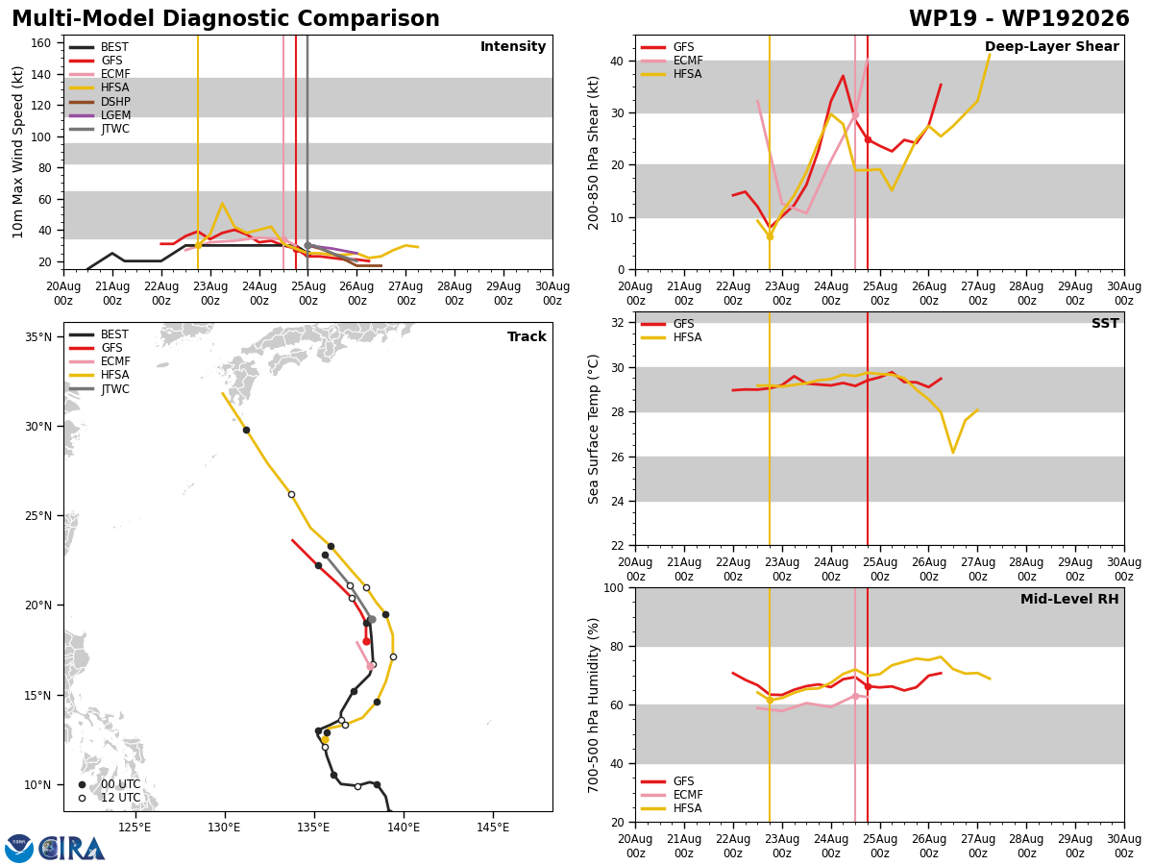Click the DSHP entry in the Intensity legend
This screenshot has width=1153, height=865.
pyautogui.click(x=99, y=101)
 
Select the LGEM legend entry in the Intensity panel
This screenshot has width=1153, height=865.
pyautogui.click(x=99, y=115)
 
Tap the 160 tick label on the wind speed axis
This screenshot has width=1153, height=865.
pyautogui.click(x=41, y=43)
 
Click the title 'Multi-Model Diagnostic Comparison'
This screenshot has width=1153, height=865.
pyautogui.click(x=226, y=19)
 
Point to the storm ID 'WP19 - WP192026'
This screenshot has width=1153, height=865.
pyautogui.click(x=1019, y=19)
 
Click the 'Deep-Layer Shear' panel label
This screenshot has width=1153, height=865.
pyautogui.click(x=1051, y=46)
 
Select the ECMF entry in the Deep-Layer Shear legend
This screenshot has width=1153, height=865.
pyautogui.click(x=672, y=61)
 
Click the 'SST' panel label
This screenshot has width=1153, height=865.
pyautogui.click(x=1105, y=323)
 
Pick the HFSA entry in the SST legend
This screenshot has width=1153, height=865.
pyautogui.click(x=672, y=337)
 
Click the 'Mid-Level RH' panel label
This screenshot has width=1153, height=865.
pyautogui.click(x=1069, y=599)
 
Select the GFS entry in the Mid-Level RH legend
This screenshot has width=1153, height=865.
pyautogui.click(x=668, y=781)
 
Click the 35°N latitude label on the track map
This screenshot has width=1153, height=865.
pyautogui.click(x=38, y=336)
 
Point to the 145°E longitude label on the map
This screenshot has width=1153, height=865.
pyautogui.click(x=493, y=828)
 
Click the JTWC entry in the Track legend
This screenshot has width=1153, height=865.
pyautogui.click(x=99, y=389)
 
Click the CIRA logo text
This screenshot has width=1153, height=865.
pyautogui.click(x=72, y=849)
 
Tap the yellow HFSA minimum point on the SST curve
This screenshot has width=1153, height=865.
pyautogui.click(x=953, y=452)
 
